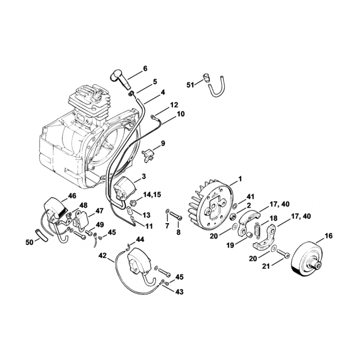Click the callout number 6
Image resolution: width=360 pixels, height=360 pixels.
[x=145, y=68]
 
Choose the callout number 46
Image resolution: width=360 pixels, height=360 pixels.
[x=72, y=196]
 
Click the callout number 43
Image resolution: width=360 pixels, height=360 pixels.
[x=179, y=292]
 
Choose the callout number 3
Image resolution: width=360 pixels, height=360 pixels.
[x=144, y=176]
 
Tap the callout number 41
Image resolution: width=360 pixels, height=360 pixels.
[x=250, y=196]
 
